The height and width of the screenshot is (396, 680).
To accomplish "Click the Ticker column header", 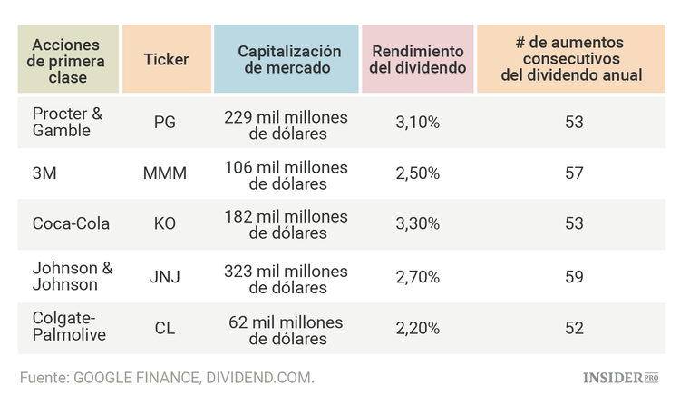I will (x=166, y=60).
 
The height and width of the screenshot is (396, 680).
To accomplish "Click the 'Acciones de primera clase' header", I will (x=68, y=60).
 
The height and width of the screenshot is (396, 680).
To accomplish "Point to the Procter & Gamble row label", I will (x=67, y=122).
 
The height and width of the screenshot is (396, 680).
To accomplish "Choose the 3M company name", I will (x=44, y=173).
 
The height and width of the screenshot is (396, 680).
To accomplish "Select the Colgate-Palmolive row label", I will (x=69, y=327).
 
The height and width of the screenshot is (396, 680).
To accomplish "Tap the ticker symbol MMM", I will (x=165, y=173).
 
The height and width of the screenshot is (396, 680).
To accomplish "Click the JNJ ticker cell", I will (x=165, y=276).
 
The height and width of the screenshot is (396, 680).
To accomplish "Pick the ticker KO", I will (x=165, y=223).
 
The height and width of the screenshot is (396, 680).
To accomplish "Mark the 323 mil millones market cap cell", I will (x=287, y=276).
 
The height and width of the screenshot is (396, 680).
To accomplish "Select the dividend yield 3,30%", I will (x=417, y=223).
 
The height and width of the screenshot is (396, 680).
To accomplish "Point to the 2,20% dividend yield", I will (x=417, y=327).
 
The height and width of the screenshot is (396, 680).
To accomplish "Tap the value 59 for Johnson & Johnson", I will (x=573, y=276).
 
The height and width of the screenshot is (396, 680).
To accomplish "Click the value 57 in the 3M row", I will (x=573, y=173).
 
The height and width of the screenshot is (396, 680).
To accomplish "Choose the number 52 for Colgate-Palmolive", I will (x=573, y=327).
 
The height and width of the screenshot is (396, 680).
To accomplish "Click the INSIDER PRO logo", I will (x=619, y=376).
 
